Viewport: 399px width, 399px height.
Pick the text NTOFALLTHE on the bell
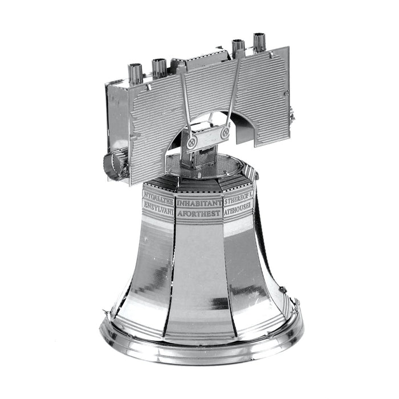click(x=158, y=194)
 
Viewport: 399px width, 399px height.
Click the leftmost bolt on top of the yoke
click(x=136, y=72)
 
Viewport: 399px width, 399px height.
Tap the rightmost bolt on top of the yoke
click(x=260, y=43)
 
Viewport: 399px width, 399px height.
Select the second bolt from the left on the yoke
click(x=160, y=67)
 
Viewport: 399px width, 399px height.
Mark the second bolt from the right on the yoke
click(x=238, y=48)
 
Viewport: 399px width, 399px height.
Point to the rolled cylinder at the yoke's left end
click(x=117, y=162)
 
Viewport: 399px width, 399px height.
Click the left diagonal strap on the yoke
click(x=185, y=103)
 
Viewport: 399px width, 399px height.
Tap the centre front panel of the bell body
click(x=199, y=274)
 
